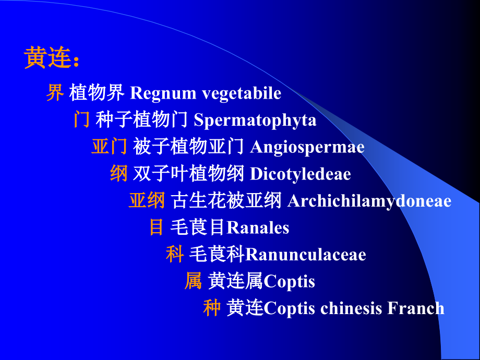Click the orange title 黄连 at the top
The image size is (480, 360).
tap(47, 58)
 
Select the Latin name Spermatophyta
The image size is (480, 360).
tap(255, 121)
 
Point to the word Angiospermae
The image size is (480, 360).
tap(307, 147)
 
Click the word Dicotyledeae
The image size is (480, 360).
tap(301, 174)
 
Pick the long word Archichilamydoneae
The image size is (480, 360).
tap(369, 201)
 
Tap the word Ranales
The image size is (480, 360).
tap(258, 227)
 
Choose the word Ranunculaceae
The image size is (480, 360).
tap(305, 255)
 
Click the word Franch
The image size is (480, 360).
tap(416, 308)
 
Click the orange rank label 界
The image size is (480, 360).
tap(55, 93)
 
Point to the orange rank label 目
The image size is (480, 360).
tap(157, 227)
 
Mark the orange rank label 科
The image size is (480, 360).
tap(175, 255)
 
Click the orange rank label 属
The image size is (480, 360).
tap(193, 282)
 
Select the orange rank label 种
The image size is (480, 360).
tap(212, 308)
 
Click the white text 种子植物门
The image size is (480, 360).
tap(141, 121)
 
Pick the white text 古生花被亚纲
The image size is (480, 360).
tap(226, 201)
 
